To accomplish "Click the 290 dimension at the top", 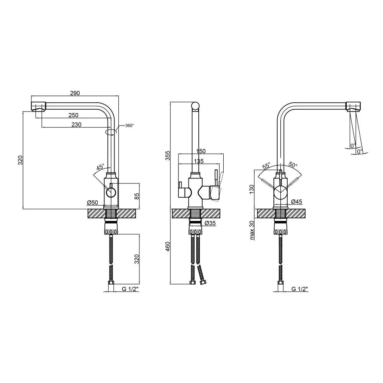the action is click(75, 93).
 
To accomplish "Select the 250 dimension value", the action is click(74, 115).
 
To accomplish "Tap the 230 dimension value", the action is click(77, 124).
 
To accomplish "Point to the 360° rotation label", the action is click(129, 126).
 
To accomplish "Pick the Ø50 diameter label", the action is click(92, 203).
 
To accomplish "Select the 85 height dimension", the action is click(137, 196).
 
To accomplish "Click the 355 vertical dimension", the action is click(168, 155).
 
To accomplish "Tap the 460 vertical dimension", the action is click(168, 247).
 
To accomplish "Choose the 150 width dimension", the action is click(201, 151).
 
